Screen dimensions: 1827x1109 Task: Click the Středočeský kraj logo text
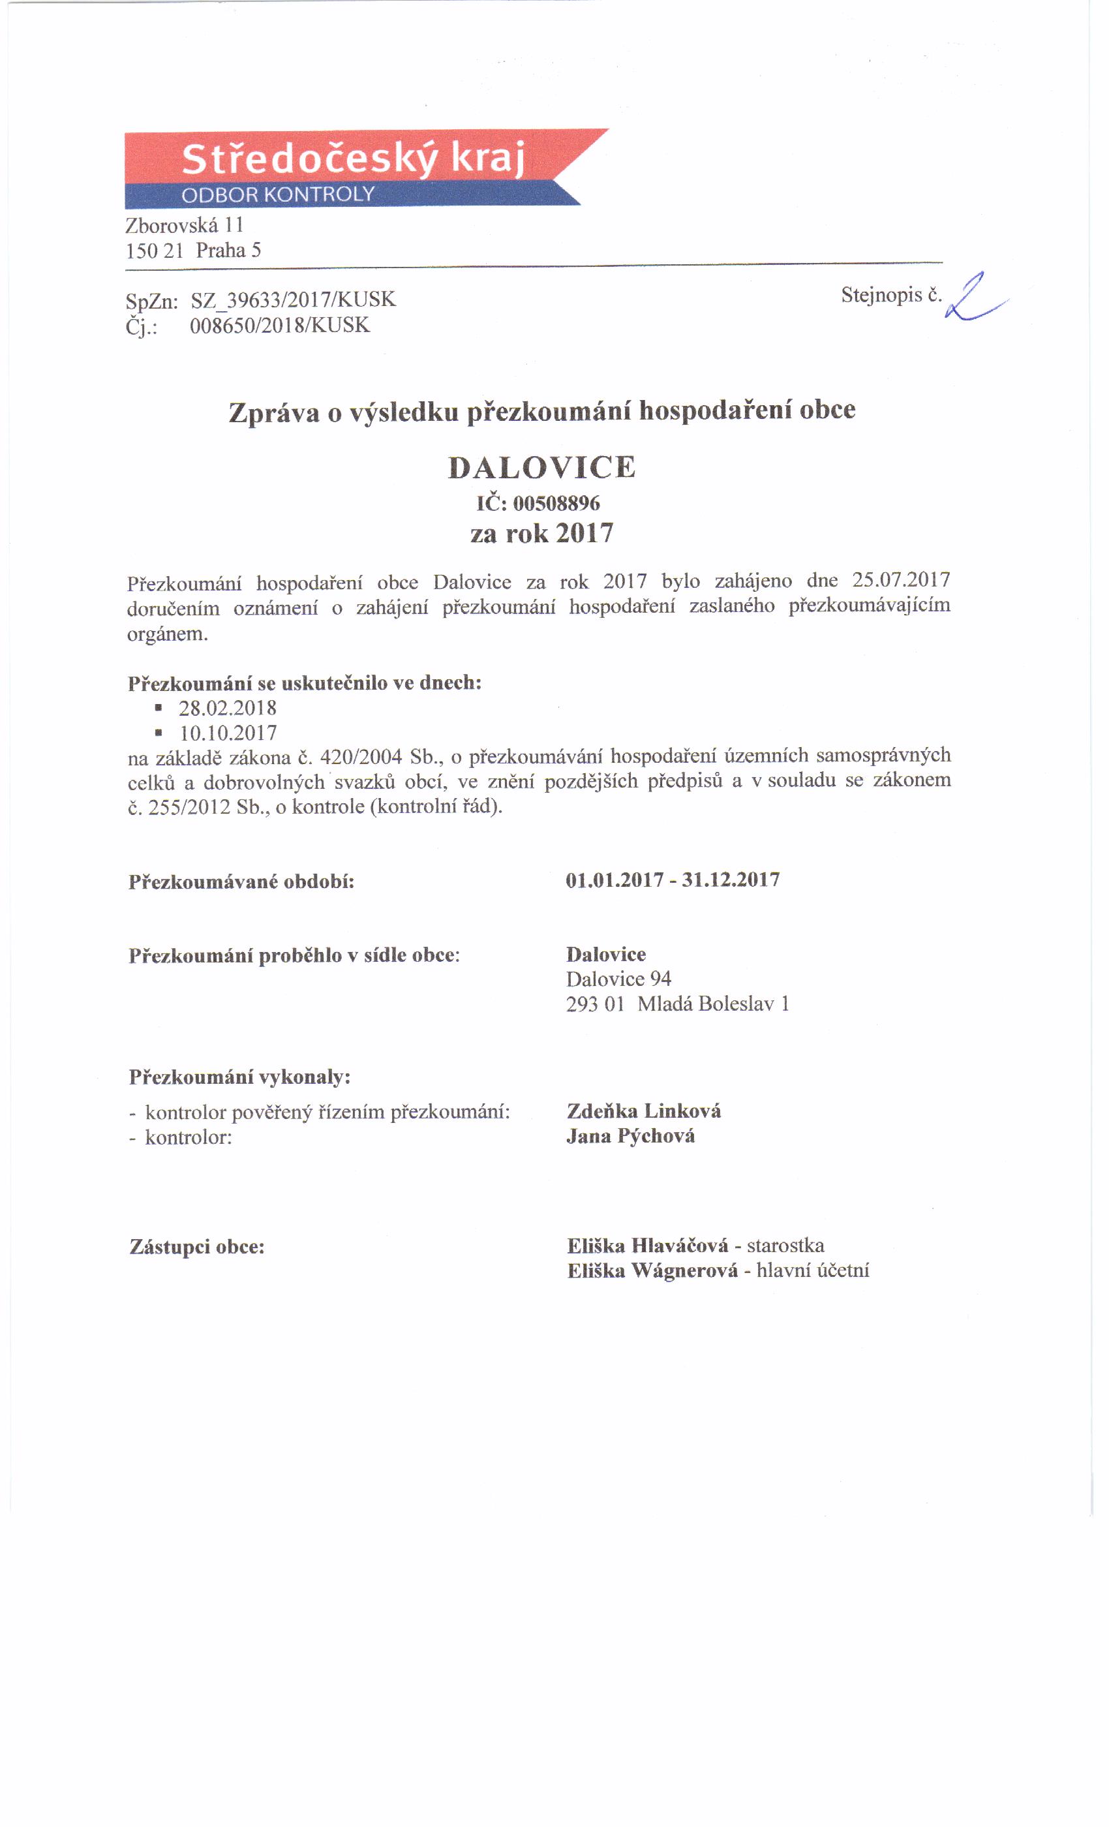pyautogui.click(x=353, y=159)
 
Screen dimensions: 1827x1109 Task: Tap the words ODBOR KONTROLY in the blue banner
pyautogui.click(x=278, y=195)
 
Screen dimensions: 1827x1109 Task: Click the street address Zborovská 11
pyautogui.click(x=185, y=224)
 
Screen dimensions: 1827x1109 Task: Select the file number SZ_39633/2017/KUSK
pyautogui.click(x=293, y=299)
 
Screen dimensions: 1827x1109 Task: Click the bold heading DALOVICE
pyautogui.click(x=542, y=467)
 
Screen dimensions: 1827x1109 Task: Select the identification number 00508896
pyautogui.click(x=556, y=504)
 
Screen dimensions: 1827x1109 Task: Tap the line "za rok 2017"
pyautogui.click(x=542, y=533)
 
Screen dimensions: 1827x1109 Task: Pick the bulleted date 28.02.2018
pyautogui.click(x=228, y=707)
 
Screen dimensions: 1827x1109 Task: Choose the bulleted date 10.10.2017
pyautogui.click(x=228, y=733)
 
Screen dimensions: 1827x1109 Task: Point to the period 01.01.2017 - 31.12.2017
pyautogui.click(x=673, y=880)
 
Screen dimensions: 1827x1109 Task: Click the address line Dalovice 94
pyautogui.click(x=618, y=979)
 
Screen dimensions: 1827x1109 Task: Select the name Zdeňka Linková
pyautogui.click(x=643, y=1111)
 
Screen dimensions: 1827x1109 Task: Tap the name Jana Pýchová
pyautogui.click(x=630, y=1136)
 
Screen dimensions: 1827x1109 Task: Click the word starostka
pyautogui.click(x=785, y=1245)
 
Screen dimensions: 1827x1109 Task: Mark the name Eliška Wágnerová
pyautogui.click(x=652, y=1271)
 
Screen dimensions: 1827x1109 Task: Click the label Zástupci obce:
pyautogui.click(x=197, y=1246)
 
